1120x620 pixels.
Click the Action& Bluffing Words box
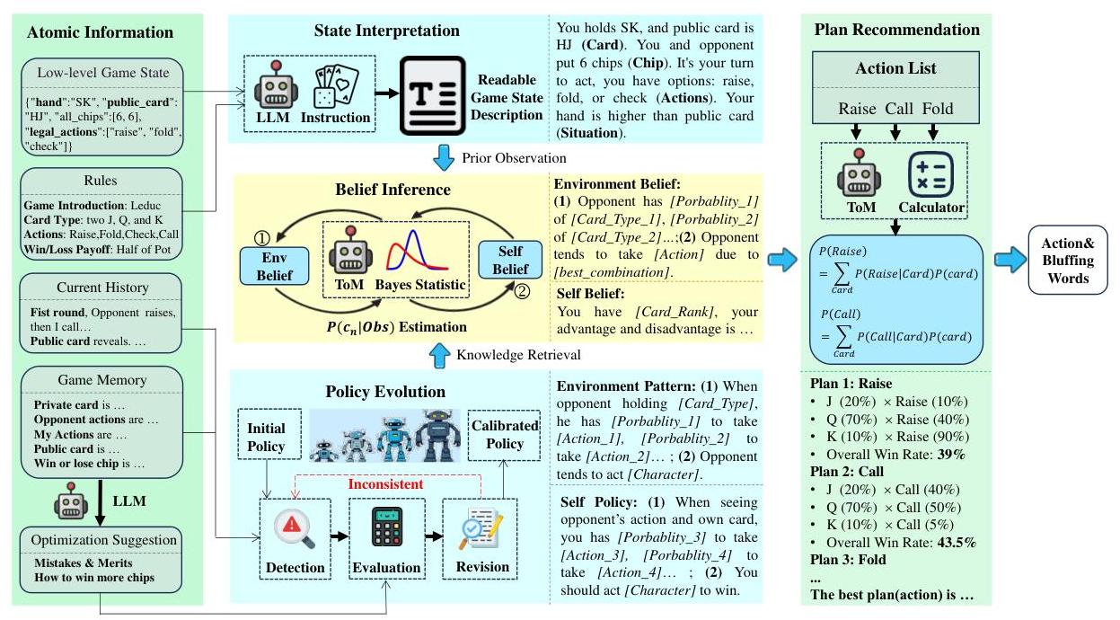[x=1067, y=261]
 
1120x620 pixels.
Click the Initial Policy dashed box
[x=266, y=438]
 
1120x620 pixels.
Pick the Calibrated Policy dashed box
[x=505, y=434]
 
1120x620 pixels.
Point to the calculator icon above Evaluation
[x=385, y=531]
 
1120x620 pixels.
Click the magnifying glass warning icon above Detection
[x=295, y=531]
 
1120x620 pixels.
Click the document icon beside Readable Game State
[x=433, y=97]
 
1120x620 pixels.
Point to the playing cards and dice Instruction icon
[x=335, y=87]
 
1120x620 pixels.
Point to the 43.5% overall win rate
[x=957, y=543]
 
